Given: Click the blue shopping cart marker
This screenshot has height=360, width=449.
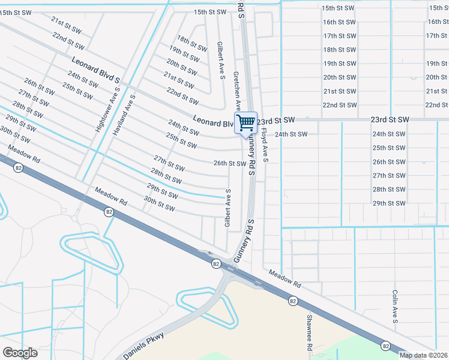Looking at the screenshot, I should point(246,123).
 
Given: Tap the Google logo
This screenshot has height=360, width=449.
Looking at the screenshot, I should point(20,353).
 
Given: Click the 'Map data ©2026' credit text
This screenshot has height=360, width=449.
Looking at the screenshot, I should point(423,355).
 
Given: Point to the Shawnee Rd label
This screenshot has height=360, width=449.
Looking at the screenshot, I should point(310,332).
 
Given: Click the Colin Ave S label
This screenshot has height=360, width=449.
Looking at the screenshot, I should point(395,307).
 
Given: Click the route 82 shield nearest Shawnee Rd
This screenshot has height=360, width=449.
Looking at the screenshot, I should point(292,300).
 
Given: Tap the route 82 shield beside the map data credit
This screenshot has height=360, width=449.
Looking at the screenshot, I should point(385,346).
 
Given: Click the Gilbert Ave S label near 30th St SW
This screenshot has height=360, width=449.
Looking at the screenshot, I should point(228,208).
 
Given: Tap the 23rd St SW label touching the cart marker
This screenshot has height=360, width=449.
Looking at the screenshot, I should point(277,120).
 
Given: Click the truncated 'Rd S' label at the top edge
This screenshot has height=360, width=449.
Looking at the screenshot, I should point(243,7).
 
